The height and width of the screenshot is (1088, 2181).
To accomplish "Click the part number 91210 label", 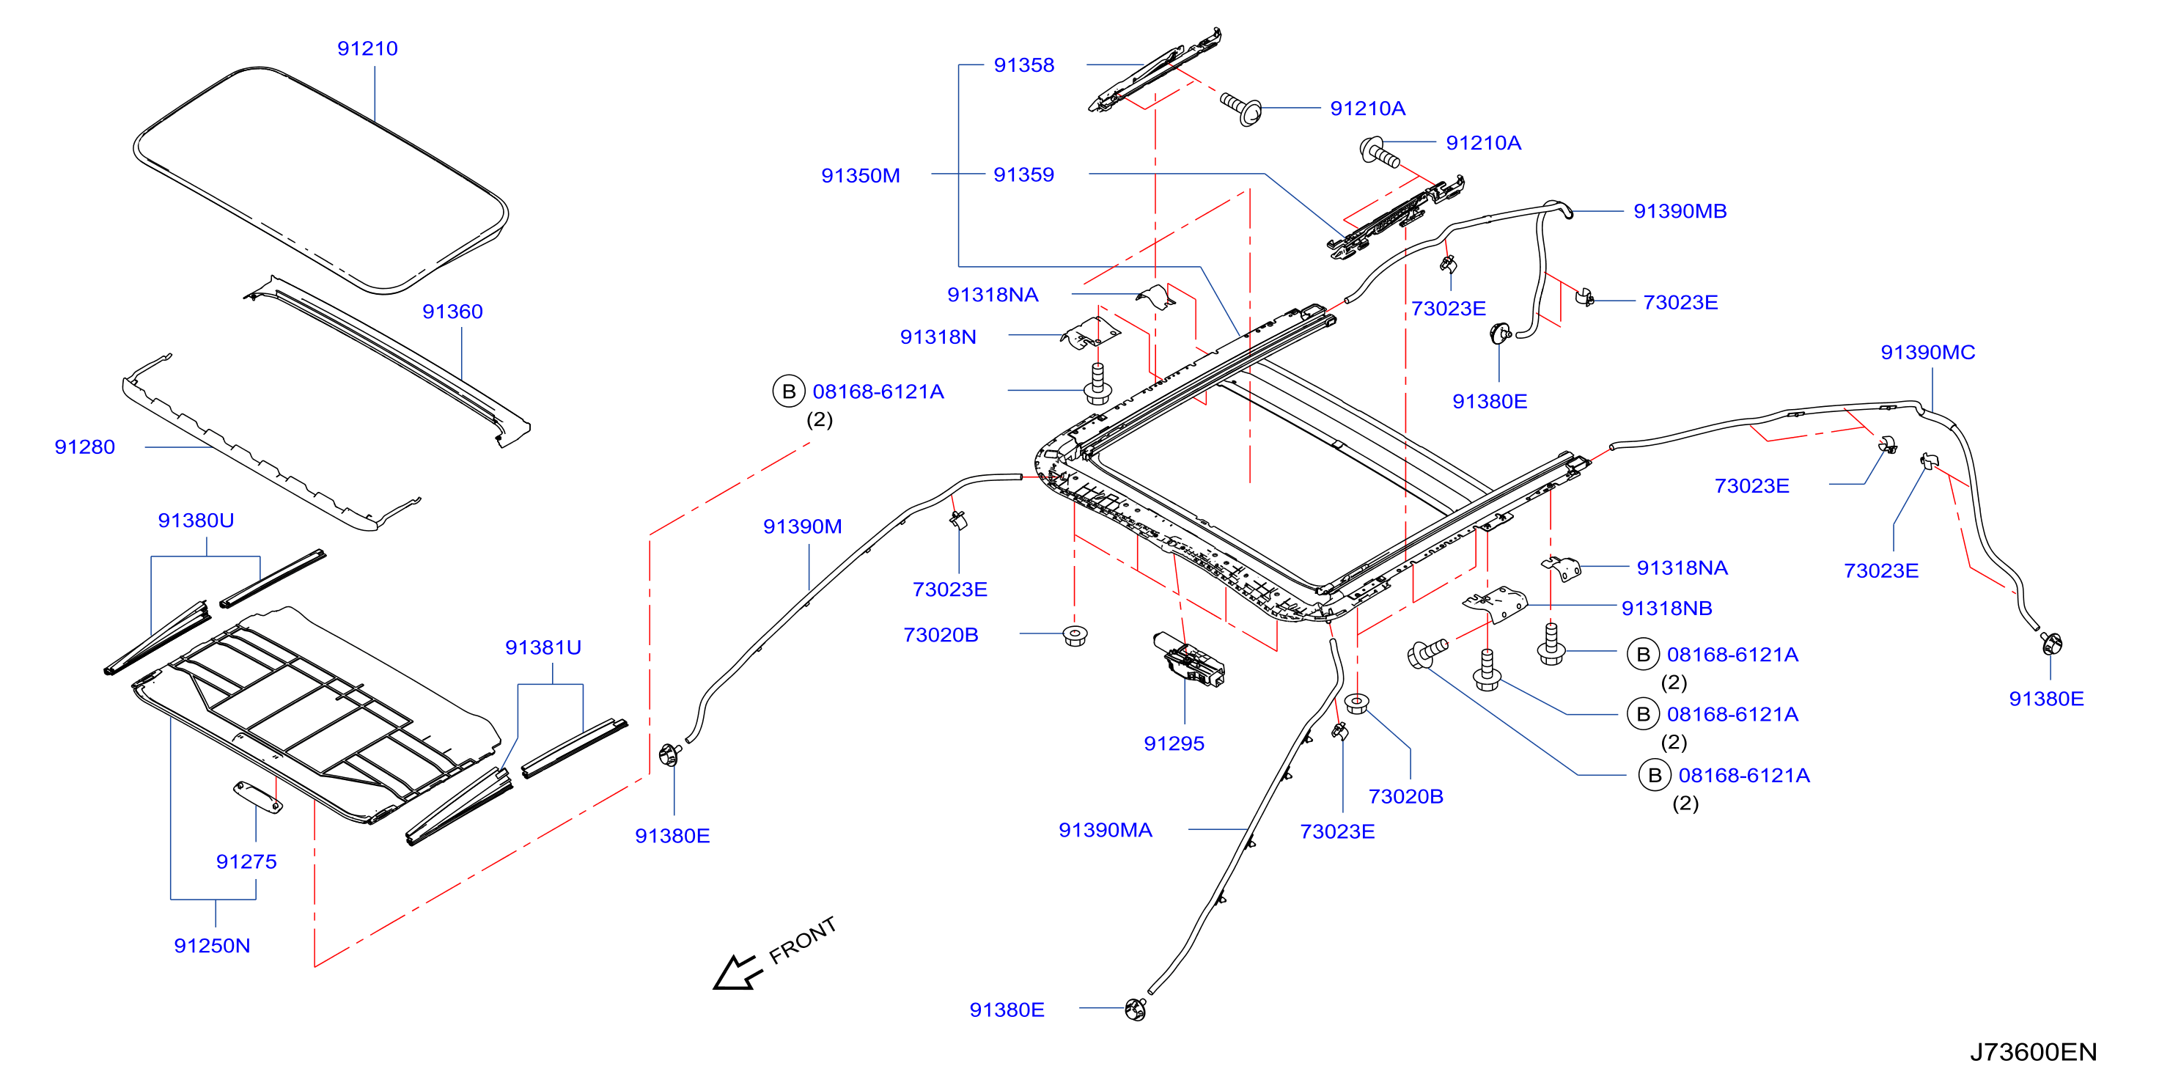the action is click(x=367, y=48).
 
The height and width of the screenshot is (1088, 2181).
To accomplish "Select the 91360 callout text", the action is click(x=452, y=312).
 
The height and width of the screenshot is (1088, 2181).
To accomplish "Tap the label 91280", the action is click(x=84, y=447).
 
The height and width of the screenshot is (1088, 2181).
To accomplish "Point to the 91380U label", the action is click(x=196, y=520).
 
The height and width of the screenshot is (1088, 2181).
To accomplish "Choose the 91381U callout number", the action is click(x=543, y=647).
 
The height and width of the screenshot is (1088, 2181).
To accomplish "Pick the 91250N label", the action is click(x=212, y=945).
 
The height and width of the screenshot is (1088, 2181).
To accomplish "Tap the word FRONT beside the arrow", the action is click(x=803, y=940).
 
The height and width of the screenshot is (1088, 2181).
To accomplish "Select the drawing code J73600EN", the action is click(x=2033, y=1051).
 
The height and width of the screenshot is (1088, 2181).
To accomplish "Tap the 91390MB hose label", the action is click(x=1680, y=211).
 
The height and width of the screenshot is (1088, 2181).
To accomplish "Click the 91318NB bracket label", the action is click(x=1666, y=608).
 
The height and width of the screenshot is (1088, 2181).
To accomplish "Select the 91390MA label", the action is click(x=1105, y=830).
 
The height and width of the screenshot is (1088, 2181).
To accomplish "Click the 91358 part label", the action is click(x=1023, y=65).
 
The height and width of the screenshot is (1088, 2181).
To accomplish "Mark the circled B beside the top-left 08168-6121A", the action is click(x=788, y=392).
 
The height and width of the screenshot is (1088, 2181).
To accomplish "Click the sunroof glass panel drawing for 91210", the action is click(x=321, y=180).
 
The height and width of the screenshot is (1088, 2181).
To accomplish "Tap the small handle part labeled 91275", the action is click(x=258, y=797).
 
